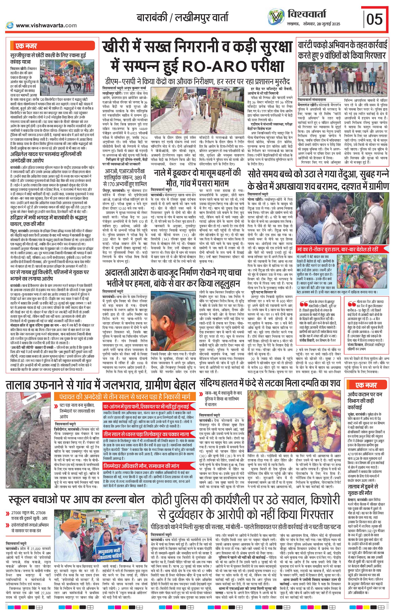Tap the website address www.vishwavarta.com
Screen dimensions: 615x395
tap(46, 25)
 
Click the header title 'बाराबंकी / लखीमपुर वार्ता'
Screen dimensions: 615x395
tap(182, 18)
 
